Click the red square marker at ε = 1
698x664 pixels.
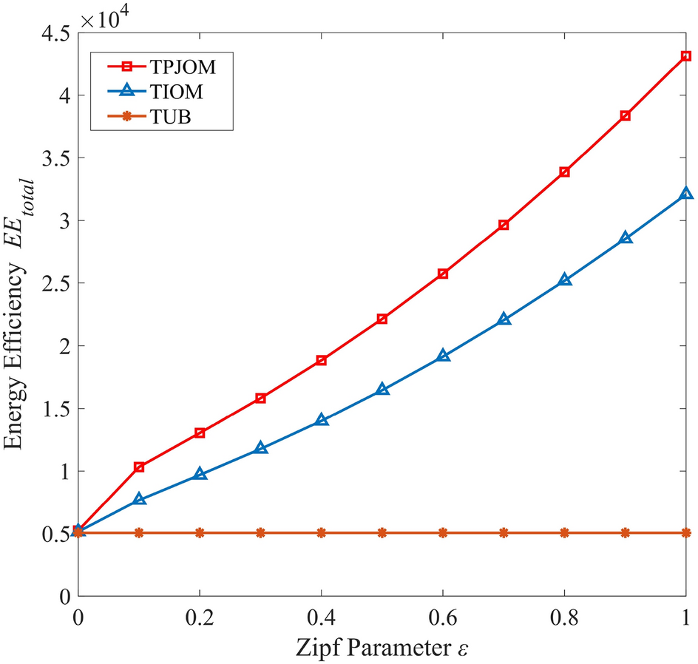[x=686, y=55]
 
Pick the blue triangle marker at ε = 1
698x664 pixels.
[x=686, y=193]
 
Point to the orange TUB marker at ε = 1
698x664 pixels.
[x=686, y=532]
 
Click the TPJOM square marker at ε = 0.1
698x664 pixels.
[x=139, y=467]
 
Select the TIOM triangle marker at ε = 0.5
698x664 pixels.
[x=382, y=389]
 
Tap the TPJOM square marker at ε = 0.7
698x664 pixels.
[x=504, y=224]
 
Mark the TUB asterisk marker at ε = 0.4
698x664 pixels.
[x=322, y=532]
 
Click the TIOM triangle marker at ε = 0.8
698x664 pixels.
[x=565, y=280]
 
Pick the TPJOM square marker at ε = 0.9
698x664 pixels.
[x=626, y=115]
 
